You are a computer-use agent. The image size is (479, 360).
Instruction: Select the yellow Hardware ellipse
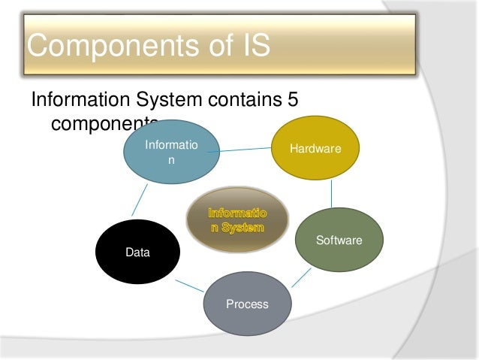(x=315, y=149)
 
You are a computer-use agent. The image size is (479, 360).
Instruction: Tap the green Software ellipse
(x=339, y=240)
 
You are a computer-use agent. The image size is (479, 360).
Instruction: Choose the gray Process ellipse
(x=247, y=304)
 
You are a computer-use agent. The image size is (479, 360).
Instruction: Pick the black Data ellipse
(x=137, y=253)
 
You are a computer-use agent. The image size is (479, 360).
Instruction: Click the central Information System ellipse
(x=237, y=219)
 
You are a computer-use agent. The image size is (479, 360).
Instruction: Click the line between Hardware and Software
(x=331, y=194)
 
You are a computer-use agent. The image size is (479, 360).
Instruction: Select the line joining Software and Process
(x=301, y=277)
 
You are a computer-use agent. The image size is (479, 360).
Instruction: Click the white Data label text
(x=137, y=253)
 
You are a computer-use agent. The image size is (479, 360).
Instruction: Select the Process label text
(x=247, y=304)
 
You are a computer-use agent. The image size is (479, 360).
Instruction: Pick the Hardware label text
(x=315, y=150)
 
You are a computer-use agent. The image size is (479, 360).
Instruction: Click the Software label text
(x=339, y=241)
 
